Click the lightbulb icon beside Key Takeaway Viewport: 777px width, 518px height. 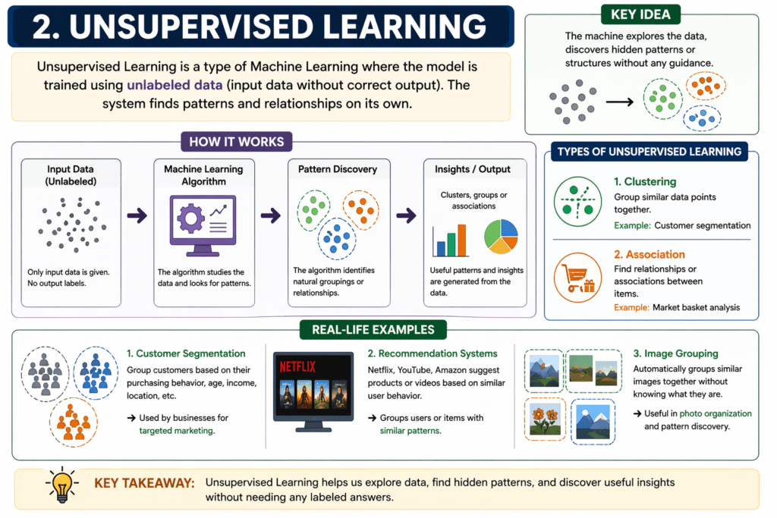coord(62,485)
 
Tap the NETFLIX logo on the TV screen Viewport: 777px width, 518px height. coord(297,367)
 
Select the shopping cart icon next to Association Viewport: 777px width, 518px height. coord(577,278)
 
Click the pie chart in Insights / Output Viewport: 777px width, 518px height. coord(501,237)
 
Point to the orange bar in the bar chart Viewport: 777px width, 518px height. coord(462,240)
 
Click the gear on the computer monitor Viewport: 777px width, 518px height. coord(190,218)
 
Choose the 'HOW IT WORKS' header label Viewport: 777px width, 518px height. coord(237,142)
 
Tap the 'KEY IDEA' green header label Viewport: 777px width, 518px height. coord(640,14)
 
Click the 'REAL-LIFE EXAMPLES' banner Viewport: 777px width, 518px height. coord(373,330)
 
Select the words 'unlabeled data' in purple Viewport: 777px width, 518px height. coord(175,85)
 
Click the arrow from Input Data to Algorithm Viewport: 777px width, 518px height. coord(137,215)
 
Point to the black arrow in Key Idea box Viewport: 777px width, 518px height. coord(619,102)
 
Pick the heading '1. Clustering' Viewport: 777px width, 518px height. coord(645,182)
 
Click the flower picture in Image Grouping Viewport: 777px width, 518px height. coord(545,419)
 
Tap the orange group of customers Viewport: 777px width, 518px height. coord(74,422)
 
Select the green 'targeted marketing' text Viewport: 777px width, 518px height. coord(177,431)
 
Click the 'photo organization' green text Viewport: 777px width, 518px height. coord(716,413)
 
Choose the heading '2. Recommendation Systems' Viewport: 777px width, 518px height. coord(433,353)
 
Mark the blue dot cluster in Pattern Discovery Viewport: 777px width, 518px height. coord(337,239)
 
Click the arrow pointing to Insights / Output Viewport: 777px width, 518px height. coord(407,215)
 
